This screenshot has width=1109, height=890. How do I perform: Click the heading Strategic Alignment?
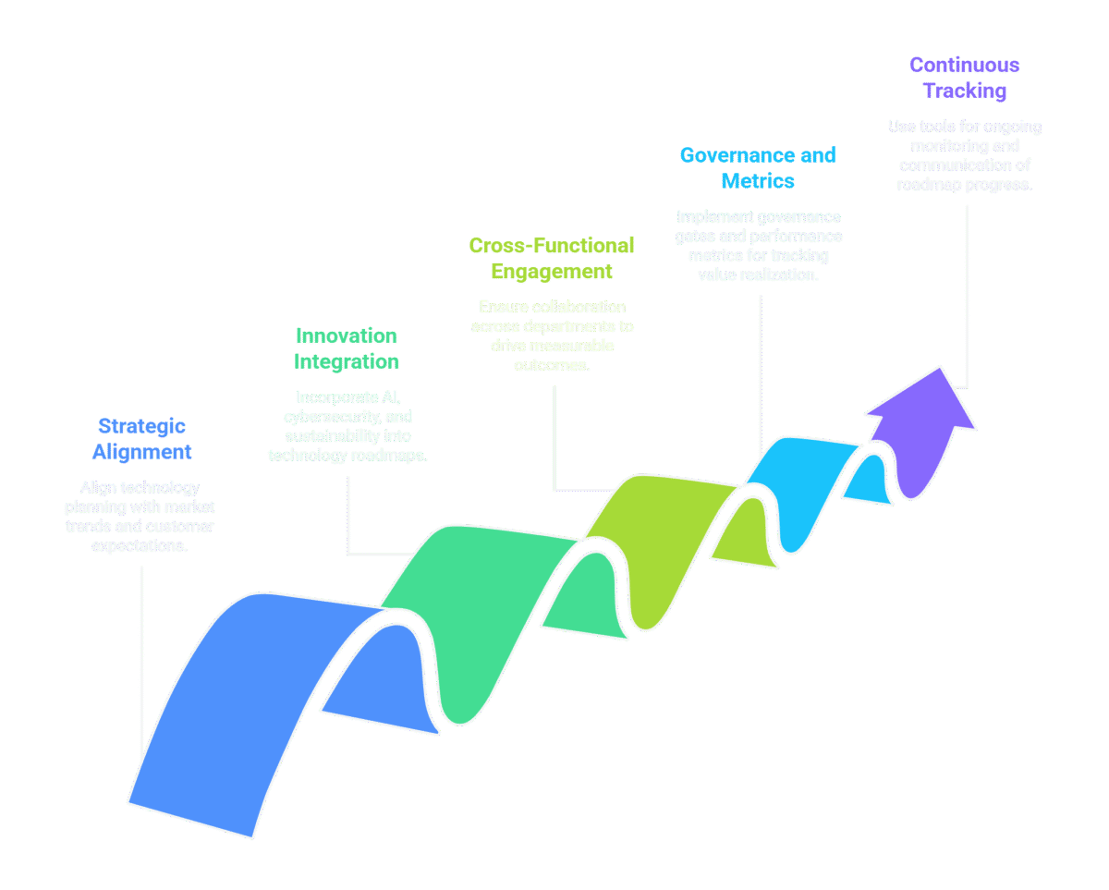tap(142, 439)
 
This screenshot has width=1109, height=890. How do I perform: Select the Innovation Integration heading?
tap(347, 348)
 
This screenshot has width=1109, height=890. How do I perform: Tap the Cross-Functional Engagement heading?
tap(552, 258)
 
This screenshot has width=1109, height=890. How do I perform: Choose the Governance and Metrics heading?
tap(758, 167)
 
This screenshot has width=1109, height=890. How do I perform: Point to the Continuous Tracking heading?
tap(964, 78)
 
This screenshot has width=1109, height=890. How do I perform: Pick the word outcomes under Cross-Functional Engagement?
tap(552, 365)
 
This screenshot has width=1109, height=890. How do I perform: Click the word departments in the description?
tap(567, 326)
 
